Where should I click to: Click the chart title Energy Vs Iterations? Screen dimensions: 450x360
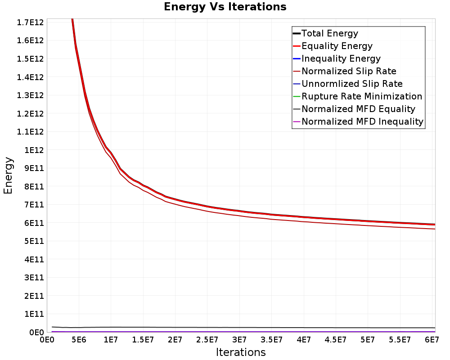pyautogui.click(x=225, y=7)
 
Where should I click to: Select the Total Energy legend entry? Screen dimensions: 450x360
pyautogui.click(x=325, y=33)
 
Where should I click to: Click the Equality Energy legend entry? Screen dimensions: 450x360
pyautogui.click(x=333, y=46)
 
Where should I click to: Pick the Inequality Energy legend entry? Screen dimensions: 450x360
pyautogui.click(x=337, y=58)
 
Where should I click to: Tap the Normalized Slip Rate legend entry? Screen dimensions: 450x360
pyautogui.click(x=344, y=71)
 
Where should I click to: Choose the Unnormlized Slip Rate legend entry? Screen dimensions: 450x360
pyautogui.click(x=347, y=84)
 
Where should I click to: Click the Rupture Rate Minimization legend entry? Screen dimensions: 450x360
pyautogui.click(x=357, y=96)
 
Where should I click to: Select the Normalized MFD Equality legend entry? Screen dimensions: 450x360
pyautogui.click(x=354, y=109)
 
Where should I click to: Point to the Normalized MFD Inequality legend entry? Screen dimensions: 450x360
pyautogui.click(x=358, y=121)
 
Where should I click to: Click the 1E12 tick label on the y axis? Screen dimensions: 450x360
pyautogui.click(x=34, y=150)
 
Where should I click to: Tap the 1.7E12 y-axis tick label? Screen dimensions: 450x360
pyautogui.click(x=30, y=22)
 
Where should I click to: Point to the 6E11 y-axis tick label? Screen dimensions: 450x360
pyautogui.click(x=34, y=223)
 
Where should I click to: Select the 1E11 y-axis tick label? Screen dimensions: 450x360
pyautogui.click(x=34, y=314)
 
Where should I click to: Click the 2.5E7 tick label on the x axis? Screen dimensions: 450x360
pyautogui.click(x=207, y=340)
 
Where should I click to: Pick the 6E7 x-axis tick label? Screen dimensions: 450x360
pyautogui.click(x=432, y=340)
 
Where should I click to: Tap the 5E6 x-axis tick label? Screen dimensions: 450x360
pyautogui.click(x=79, y=340)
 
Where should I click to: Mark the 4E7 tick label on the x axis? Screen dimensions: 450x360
pyautogui.click(x=304, y=340)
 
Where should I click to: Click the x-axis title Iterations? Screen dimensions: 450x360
pyautogui.click(x=241, y=352)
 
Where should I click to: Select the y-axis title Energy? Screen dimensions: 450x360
pyautogui.click(x=8, y=175)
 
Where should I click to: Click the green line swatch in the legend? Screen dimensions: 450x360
pyautogui.click(x=297, y=96)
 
